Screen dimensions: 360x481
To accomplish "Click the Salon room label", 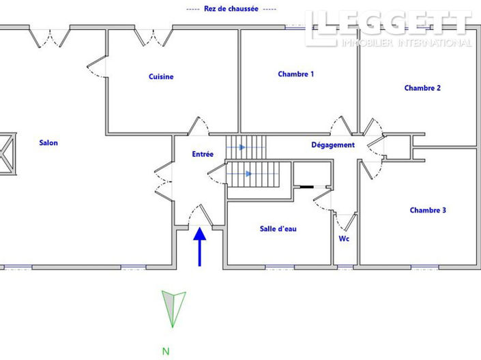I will (x=48, y=143).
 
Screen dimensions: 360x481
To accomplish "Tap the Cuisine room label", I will (x=161, y=77).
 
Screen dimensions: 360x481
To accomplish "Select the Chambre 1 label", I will (x=295, y=74).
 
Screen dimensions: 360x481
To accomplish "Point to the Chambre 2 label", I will (x=422, y=88).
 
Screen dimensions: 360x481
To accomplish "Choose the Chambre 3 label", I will (x=428, y=211).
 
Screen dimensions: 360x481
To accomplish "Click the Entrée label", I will (x=203, y=155).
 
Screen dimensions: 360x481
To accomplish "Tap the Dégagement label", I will (x=333, y=145).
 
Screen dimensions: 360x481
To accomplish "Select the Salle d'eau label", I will (x=278, y=229).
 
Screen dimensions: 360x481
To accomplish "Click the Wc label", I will (x=345, y=239).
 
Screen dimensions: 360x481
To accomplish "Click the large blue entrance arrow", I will (x=200, y=246).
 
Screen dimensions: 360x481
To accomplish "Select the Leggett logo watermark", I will (x=388, y=29).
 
